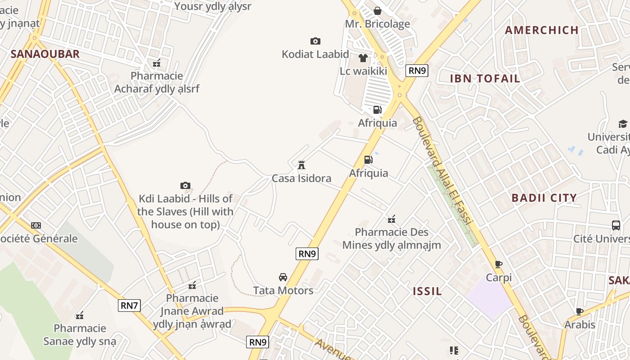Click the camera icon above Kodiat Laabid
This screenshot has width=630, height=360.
click(315, 41)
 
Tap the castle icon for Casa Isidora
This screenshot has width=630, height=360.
click(301, 165)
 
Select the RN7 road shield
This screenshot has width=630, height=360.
click(129, 306)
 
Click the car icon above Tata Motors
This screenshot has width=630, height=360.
click(283, 277)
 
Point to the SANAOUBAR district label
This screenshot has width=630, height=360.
click(45, 54)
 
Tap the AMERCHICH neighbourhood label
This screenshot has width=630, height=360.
click(541, 30)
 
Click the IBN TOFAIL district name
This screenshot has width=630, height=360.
click(485, 78)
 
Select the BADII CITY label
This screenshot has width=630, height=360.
click(544, 198)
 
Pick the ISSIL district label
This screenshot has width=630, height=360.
click(427, 291)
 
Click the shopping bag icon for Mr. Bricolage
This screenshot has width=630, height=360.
click(378, 11)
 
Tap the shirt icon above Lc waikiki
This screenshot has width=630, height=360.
click(363, 58)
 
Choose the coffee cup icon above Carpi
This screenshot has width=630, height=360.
click(499, 264)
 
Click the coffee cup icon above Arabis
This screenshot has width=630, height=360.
click(580, 311)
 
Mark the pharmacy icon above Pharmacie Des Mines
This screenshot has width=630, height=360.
click(391, 219)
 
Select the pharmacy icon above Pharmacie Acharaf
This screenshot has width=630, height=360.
click(157, 63)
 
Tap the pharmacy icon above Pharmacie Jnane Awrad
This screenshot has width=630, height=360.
click(192, 285)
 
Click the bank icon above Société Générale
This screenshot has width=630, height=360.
click(36, 225)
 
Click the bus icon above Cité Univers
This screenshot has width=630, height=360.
click(616, 225)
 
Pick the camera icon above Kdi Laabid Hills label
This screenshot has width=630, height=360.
click(185, 186)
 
